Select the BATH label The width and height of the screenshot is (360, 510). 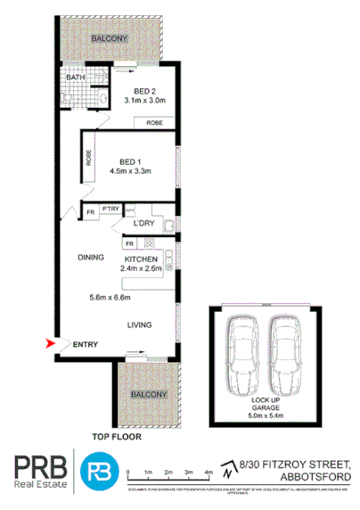pyautogui.click(x=74, y=78)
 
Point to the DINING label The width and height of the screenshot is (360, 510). pyautogui.click(x=92, y=257)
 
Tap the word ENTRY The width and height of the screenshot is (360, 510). pyautogui.click(x=86, y=345)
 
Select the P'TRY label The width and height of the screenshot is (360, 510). pyautogui.click(x=110, y=209)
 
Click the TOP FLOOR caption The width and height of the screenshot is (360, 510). pyautogui.click(x=118, y=438)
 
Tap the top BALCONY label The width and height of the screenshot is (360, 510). pyautogui.click(x=110, y=39)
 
